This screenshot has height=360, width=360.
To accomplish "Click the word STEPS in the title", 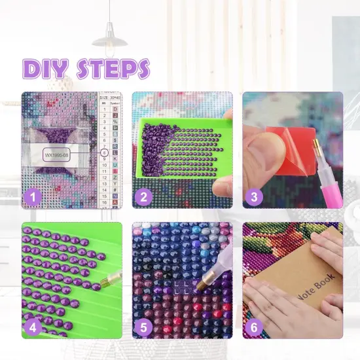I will (113, 69).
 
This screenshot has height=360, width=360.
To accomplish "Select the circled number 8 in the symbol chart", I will (104, 153).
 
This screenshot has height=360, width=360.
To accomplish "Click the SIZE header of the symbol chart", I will (104, 96).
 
